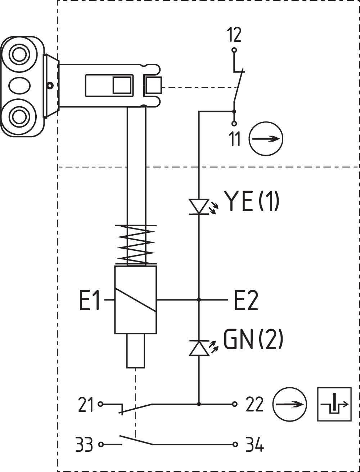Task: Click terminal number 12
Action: [x=234, y=35]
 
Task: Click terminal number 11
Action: [x=235, y=139]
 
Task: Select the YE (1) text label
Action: [x=252, y=201]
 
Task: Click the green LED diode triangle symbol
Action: [x=199, y=348]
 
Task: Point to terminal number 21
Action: [x=85, y=404]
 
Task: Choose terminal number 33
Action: [x=84, y=445]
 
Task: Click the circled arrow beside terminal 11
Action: [x=266, y=139]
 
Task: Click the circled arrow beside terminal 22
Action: [x=289, y=404]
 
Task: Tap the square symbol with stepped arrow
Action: [x=334, y=404]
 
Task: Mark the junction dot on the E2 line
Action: [x=199, y=299]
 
